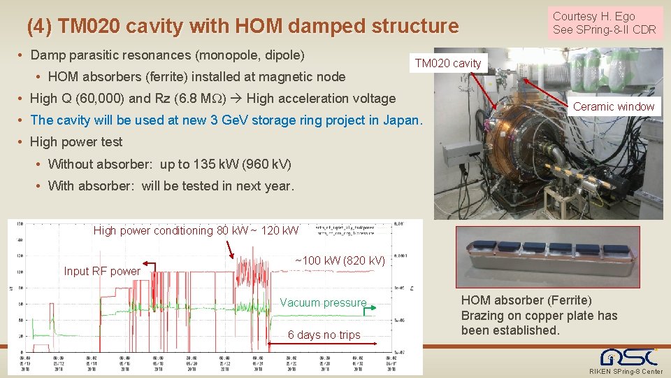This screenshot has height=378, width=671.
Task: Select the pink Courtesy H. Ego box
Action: [605, 22]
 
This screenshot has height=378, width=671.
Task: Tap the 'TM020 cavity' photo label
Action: [448, 63]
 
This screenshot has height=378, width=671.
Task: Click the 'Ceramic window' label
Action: [614, 106]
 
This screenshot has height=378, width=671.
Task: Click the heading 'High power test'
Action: [76, 141]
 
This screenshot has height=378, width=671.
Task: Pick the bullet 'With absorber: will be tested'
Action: [171, 186]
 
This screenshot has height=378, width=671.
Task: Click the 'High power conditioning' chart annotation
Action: [196, 230]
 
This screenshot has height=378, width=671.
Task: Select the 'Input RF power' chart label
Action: [102, 271]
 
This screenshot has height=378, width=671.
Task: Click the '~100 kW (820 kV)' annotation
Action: [340, 260]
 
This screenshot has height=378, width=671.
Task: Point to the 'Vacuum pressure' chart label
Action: [323, 302]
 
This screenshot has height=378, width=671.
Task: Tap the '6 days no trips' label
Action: [324, 335]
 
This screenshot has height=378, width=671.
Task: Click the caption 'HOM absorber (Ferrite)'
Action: [526, 300]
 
